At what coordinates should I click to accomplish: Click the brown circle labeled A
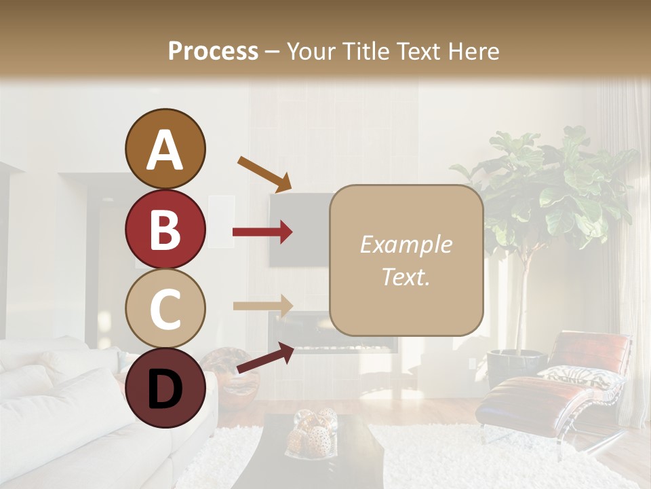[165, 149]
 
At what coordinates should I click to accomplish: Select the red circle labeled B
[165, 229]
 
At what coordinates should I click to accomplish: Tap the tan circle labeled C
[165, 308]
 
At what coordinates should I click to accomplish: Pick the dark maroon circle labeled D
[165, 388]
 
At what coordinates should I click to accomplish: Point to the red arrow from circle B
[262, 232]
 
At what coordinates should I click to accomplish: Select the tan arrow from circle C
[262, 306]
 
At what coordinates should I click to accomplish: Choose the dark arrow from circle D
[264, 358]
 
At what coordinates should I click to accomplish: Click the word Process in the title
[213, 51]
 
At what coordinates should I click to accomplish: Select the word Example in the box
[406, 244]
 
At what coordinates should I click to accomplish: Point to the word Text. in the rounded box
[406, 276]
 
